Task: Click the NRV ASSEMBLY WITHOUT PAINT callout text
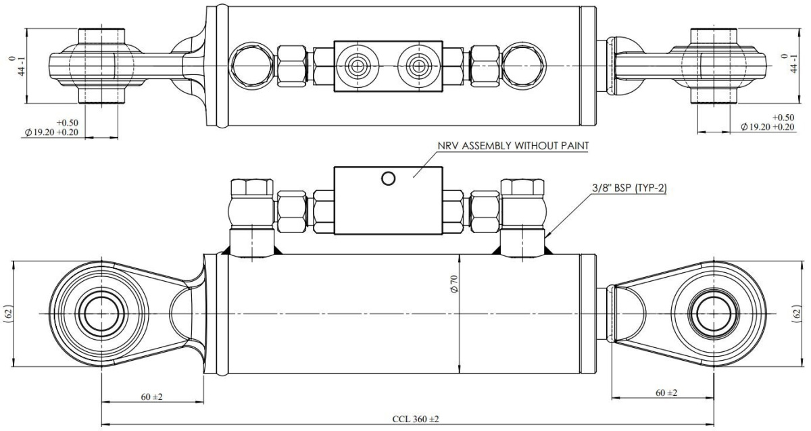click(x=513, y=145)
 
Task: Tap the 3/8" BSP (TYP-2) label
click(x=629, y=188)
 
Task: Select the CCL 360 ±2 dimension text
click(x=416, y=419)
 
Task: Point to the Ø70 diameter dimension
click(x=454, y=284)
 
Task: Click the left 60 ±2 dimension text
click(x=151, y=397)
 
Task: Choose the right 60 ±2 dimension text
click(x=666, y=392)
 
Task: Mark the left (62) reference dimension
click(x=9, y=313)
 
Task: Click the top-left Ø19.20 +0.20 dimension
click(x=51, y=132)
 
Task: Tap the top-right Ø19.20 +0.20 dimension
click(x=768, y=126)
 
